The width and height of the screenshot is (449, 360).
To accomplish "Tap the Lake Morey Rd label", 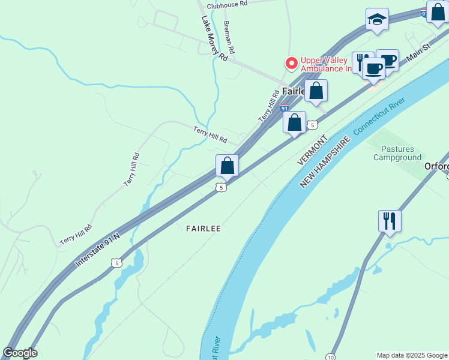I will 214,38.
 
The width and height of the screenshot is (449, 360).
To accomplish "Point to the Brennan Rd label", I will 229,36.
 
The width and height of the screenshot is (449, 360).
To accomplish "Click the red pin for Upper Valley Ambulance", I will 291,63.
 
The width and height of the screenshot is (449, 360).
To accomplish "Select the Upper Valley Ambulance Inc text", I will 327,64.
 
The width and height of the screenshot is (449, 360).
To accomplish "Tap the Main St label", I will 419,52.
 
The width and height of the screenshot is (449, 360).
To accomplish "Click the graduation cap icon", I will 377,20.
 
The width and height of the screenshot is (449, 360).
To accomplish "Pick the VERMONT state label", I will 313,150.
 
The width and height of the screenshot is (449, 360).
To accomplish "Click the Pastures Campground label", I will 397,153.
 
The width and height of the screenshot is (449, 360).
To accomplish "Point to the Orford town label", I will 436,166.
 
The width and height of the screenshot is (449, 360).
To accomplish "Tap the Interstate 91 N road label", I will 98,250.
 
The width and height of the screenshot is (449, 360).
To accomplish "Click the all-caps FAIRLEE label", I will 203,229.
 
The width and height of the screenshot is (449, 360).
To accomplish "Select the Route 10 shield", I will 331,356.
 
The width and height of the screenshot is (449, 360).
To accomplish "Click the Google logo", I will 20,353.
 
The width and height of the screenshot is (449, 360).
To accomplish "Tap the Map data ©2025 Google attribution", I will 412,355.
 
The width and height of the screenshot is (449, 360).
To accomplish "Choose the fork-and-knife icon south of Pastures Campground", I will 390,221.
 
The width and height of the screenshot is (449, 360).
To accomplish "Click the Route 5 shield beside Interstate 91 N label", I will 116,263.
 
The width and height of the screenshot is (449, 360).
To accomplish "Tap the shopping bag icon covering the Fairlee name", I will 316,91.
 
